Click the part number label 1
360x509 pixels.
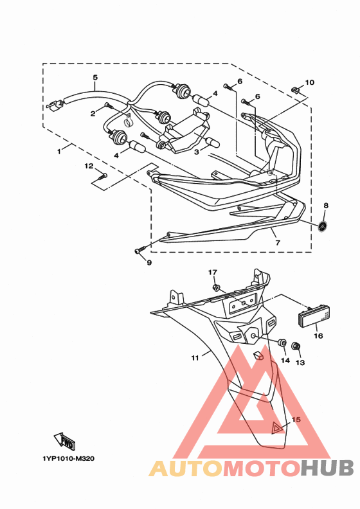coord(59,152)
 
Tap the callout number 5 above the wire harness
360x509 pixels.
coord(95,78)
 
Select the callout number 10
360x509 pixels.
coord(310,82)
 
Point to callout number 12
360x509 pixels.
coord(89,166)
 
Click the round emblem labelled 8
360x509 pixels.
coord(323,226)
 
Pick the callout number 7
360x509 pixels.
coord(278,242)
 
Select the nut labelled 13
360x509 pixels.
coord(296,346)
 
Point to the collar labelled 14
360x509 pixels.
coord(282,343)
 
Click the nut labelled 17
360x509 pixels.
coord(215,287)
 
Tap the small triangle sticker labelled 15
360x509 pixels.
coord(276,428)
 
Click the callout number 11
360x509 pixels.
coord(195,358)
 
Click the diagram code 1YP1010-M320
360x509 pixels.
coord(69,459)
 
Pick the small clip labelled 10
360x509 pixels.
coord(294,89)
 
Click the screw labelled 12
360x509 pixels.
coord(102,176)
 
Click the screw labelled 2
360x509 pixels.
coord(109,105)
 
